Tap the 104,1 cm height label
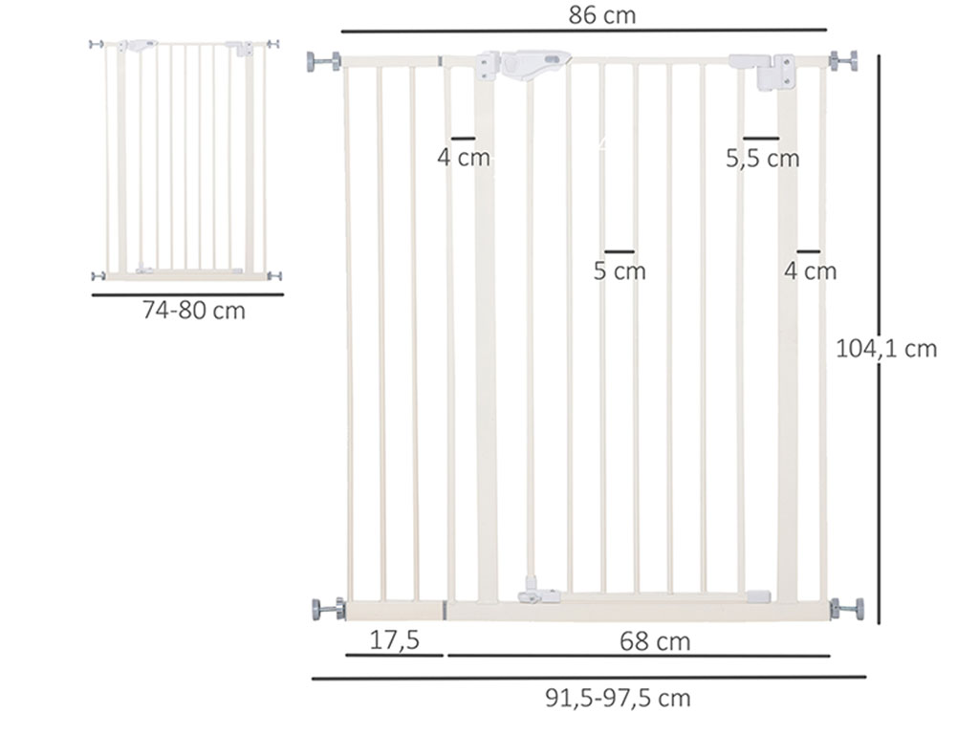[x=886, y=349]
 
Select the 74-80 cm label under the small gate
[x=193, y=311]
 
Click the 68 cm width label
[x=654, y=641]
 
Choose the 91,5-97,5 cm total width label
[x=618, y=699]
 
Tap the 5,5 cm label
[x=762, y=159]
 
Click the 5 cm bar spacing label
[x=620, y=271]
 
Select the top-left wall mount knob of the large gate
[x=323, y=61]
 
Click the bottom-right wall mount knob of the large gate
[x=847, y=608]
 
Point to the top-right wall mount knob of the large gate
[x=843, y=61]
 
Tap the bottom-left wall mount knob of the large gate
[x=327, y=608]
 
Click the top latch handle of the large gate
[x=524, y=66]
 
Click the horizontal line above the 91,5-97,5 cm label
[x=588, y=678]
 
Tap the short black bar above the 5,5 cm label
[x=761, y=139]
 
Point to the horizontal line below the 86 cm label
[x=583, y=32]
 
